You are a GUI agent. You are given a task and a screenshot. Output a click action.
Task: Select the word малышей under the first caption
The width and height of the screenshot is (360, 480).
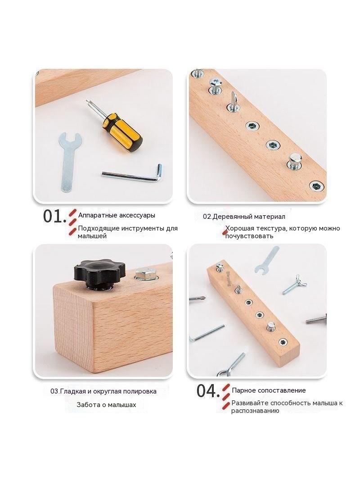[x=92, y=236]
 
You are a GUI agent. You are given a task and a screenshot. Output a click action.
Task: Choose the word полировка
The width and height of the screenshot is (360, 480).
[x=139, y=391]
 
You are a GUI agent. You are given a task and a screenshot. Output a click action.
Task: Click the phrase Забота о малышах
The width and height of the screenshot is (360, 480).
[x=107, y=405]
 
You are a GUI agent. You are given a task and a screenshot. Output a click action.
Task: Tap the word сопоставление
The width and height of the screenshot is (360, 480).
[x=281, y=390]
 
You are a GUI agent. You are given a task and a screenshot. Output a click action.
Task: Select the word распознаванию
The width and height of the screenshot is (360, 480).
[x=255, y=411]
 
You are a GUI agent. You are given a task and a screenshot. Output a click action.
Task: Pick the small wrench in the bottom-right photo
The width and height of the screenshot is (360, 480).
[x=267, y=260]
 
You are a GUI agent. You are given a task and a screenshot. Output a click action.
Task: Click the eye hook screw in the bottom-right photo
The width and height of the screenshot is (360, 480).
[x=231, y=364]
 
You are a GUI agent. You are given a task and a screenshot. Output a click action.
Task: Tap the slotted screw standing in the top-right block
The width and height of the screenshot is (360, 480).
[x=233, y=100]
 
